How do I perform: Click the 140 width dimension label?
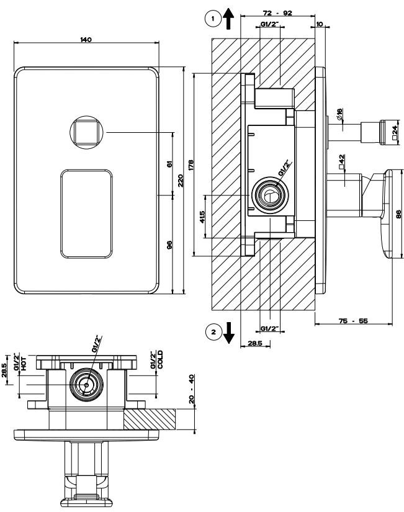86,39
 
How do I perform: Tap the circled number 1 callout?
213,19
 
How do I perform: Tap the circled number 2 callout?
213,333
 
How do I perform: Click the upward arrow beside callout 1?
229,19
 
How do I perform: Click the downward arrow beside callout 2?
229,333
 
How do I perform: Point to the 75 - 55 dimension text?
354,320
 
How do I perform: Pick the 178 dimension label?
191,164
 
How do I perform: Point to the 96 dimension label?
169,244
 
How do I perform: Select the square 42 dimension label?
341,163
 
